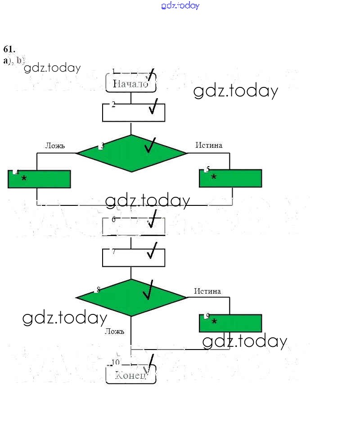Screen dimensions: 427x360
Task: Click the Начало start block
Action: click(130, 83)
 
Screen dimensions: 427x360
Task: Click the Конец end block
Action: click(130, 375)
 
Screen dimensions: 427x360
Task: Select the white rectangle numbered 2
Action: click(133, 113)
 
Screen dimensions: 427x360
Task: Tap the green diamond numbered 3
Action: click(131, 154)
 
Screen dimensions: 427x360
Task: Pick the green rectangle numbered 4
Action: click(39, 179)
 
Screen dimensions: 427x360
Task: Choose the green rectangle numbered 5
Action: click(230, 178)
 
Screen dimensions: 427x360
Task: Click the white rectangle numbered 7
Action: click(133, 258)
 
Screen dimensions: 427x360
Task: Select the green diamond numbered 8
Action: click(131, 297)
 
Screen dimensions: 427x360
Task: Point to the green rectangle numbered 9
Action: click(230, 323)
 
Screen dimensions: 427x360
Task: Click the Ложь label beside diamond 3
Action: click(55, 145)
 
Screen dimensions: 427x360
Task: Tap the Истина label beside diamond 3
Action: click(209, 145)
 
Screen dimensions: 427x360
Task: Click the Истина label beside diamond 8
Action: click(207, 291)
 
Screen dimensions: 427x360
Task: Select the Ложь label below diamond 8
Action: click(114, 332)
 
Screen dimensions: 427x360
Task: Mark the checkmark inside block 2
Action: click(154, 107)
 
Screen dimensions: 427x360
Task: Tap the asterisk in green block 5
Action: click(214, 177)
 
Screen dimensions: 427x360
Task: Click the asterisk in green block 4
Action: click(24, 179)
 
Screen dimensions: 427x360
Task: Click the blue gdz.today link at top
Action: click(180, 6)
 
